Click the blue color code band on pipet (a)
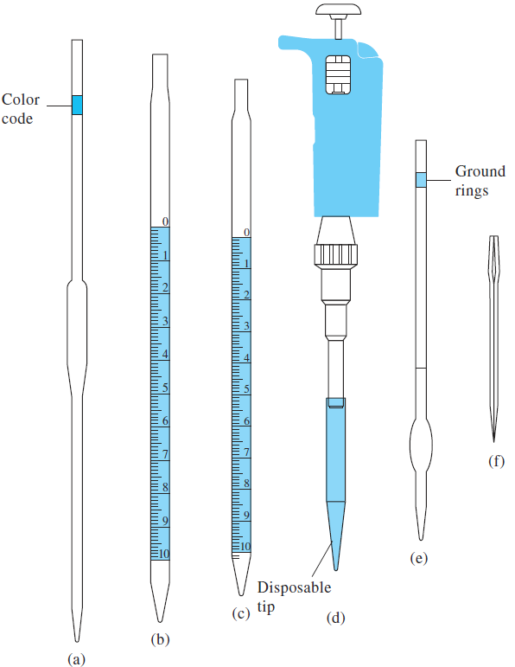pos(77,105)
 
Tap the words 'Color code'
pos(21,109)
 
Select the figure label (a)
pos(77,659)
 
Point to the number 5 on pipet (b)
pos(165,388)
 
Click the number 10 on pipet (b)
pos(164,554)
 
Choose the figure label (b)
pos(160,639)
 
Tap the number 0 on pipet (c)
pos(247,232)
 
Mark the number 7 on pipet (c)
pos(246,452)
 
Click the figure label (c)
pos(241,614)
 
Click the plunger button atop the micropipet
pos(338,10)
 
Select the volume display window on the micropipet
pos(338,74)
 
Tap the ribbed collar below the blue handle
pos(335,255)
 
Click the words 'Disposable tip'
pos(294,597)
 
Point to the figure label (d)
pos(335,618)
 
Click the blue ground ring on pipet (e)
pos(421,180)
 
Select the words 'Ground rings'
pos(480,181)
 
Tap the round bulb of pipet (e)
pos(421,446)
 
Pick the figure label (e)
pos(419,558)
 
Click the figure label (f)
pos(496,461)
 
